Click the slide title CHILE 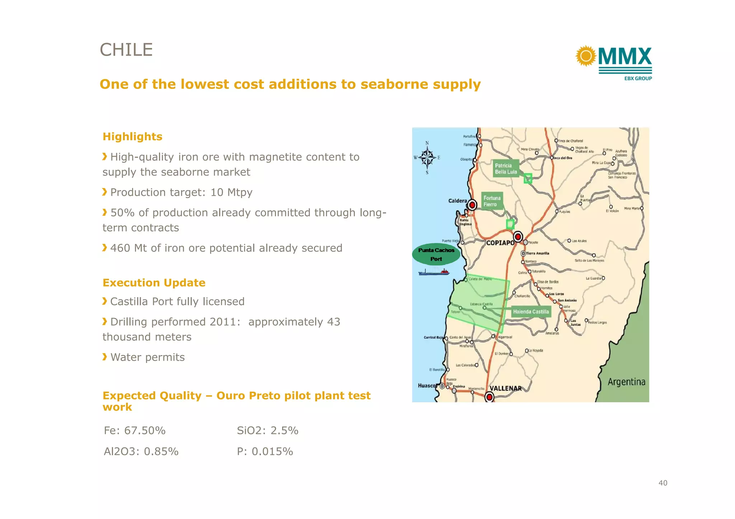(x=126, y=50)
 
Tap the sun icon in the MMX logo (x=586, y=56)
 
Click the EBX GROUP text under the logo (x=638, y=78)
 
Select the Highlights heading (x=132, y=137)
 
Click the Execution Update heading (x=154, y=283)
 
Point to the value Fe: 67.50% (x=135, y=430)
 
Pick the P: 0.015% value (x=265, y=451)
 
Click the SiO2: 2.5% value (x=267, y=430)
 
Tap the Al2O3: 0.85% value (x=141, y=451)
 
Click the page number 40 (x=663, y=483)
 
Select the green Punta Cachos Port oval (x=436, y=254)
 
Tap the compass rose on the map (x=427, y=157)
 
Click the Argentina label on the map (x=626, y=382)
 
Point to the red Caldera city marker (x=472, y=205)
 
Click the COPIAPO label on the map (x=500, y=243)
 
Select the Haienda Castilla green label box (x=531, y=312)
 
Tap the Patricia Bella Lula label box (x=506, y=169)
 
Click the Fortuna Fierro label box (x=492, y=201)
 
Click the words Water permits (x=148, y=357)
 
